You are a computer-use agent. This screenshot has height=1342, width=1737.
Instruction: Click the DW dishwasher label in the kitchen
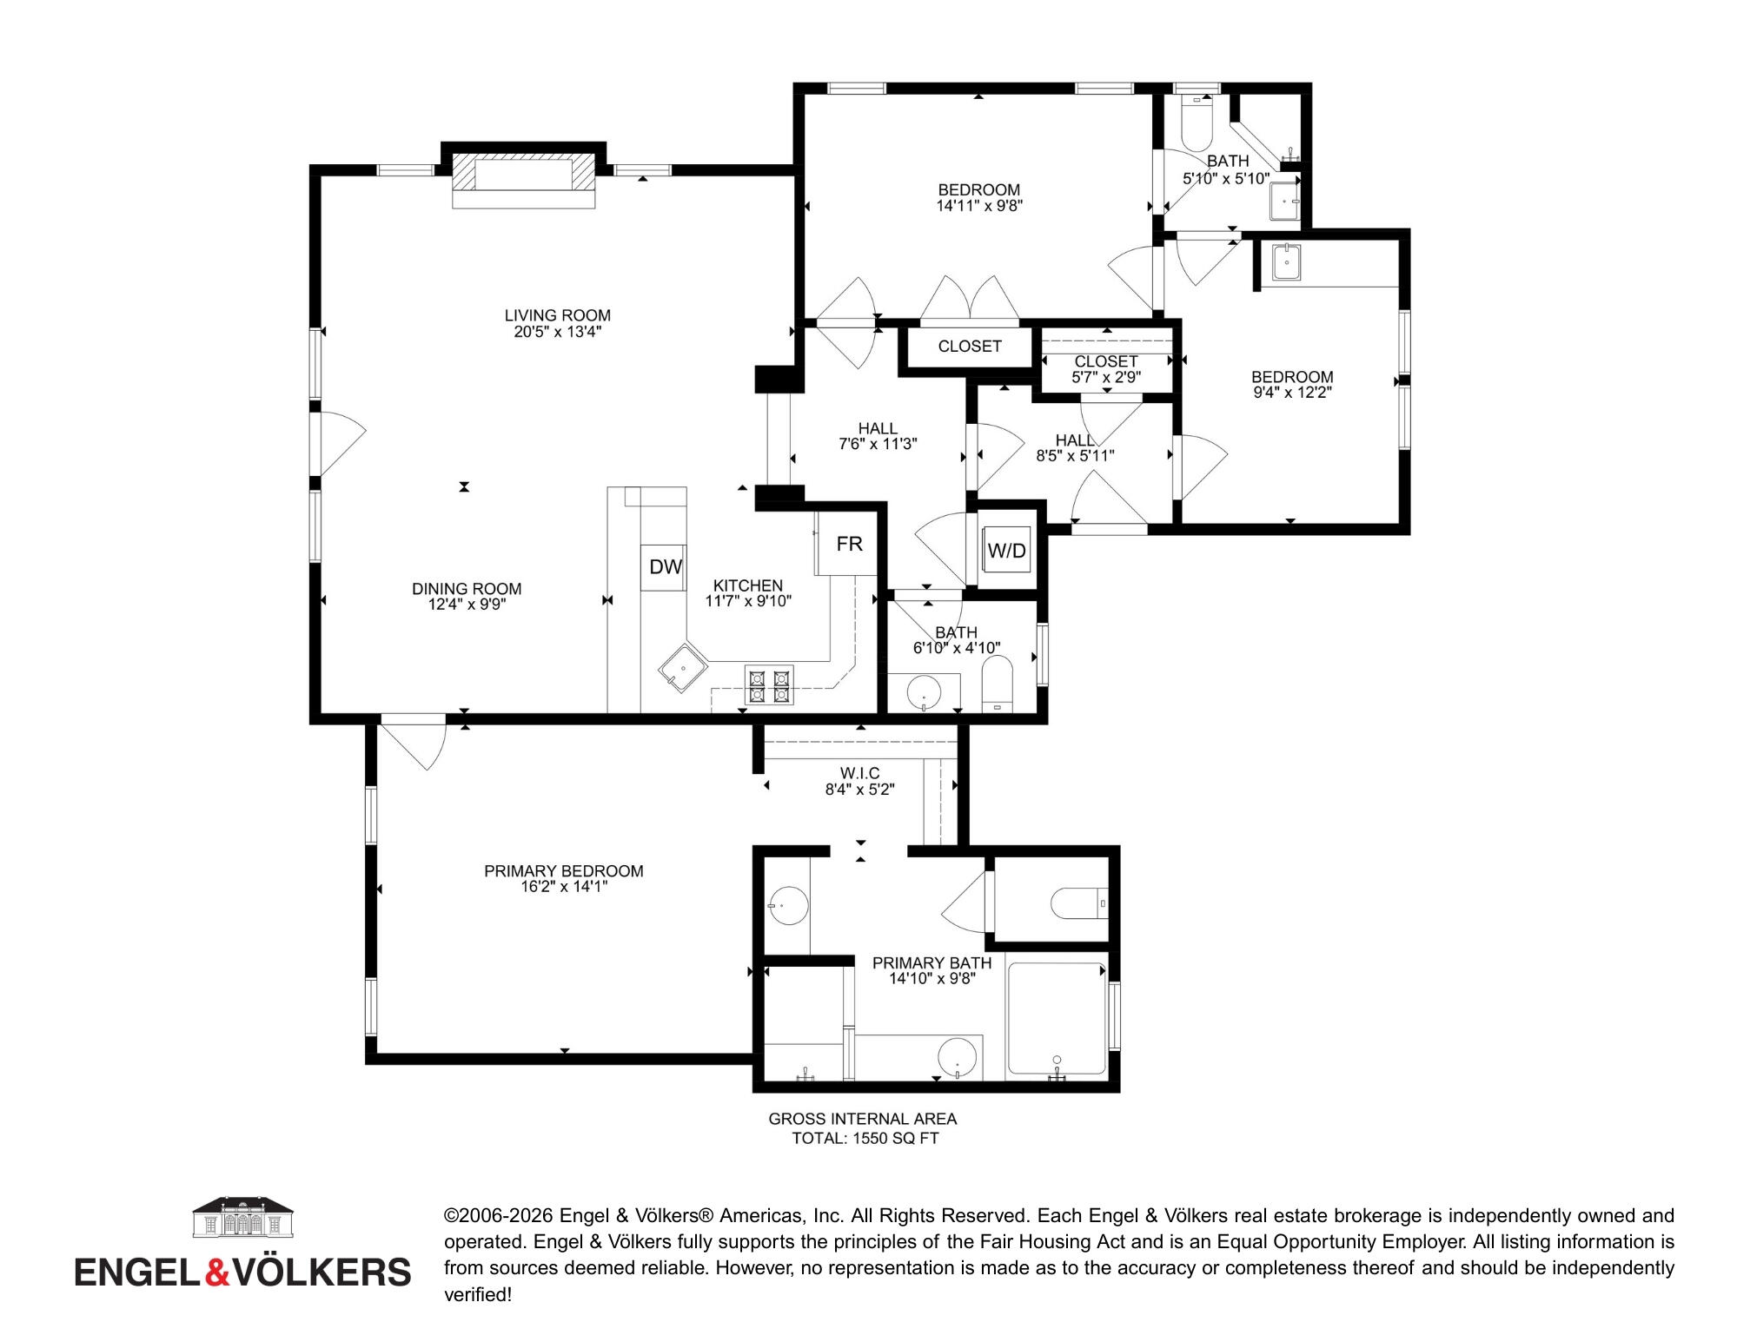pyautogui.click(x=666, y=567)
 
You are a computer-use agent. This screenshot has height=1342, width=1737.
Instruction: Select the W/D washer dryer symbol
pyautogui.click(x=1007, y=550)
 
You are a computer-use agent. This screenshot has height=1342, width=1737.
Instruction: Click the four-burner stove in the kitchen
pyautogui.click(x=770, y=684)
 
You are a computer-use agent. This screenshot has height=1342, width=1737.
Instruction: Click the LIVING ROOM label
pyautogui.click(x=558, y=315)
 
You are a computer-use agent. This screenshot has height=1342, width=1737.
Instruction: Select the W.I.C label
pyautogui.click(x=859, y=773)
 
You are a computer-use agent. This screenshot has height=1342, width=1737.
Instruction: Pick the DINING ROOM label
pyautogui.click(x=467, y=589)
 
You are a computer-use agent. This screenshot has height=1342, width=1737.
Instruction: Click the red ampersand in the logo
pyautogui.click(x=217, y=1272)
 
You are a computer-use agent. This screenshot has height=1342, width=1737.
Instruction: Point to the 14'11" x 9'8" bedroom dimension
pyautogui.click(x=978, y=206)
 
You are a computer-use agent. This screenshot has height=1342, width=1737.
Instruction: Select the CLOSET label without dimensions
pyautogui.click(x=970, y=346)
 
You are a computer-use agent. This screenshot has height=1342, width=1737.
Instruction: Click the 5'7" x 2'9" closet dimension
pyautogui.click(x=1105, y=377)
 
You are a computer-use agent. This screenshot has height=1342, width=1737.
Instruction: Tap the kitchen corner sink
pyautogui.click(x=684, y=670)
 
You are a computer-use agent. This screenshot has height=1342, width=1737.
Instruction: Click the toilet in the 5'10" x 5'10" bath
pyautogui.click(x=1197, y=126)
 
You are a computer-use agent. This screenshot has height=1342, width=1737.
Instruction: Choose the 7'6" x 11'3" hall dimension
pyautogui.click(x=878, y=444)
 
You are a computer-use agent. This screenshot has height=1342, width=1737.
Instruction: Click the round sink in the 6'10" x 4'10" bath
pyautogui.click(x=924, y=694)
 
